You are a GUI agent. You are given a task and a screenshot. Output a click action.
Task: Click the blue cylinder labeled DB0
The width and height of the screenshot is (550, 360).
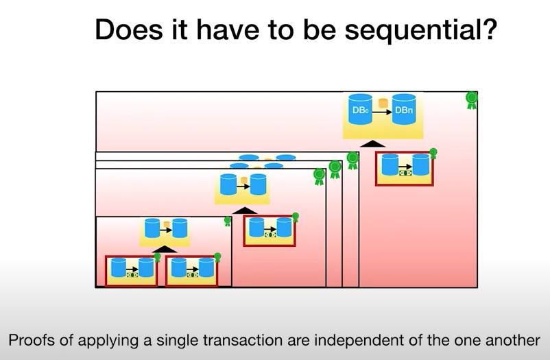point(360,110)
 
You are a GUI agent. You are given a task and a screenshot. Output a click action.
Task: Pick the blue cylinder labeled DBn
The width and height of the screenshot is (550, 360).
point(404,110)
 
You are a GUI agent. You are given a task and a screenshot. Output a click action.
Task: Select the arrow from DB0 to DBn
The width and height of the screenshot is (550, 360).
point(382,112)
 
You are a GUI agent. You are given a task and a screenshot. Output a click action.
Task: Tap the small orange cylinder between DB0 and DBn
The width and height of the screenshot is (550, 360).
point(383,103)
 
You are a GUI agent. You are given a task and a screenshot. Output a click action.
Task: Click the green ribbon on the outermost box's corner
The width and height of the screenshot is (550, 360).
point(472,100)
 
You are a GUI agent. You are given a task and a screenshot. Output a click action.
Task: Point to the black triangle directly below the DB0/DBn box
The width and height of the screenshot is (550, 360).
point(373,144)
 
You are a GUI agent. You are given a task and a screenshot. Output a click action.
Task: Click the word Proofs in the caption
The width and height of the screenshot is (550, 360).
point(31,340)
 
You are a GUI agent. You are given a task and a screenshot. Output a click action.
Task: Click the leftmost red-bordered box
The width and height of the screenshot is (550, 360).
point(131,271)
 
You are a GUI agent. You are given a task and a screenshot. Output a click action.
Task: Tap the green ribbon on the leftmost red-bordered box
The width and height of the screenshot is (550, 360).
point(158,259)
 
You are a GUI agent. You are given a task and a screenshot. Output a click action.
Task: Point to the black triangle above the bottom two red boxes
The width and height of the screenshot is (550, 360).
point(165,250)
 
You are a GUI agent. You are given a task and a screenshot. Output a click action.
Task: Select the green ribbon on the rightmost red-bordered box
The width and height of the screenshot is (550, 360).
point(433,154)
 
